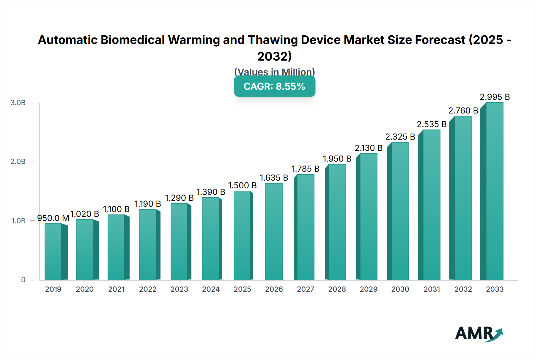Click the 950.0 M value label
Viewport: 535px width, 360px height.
(x=53, y=218)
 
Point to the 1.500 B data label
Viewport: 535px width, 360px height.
(x=242, y=185)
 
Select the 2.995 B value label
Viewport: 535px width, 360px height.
(x=495, y=97)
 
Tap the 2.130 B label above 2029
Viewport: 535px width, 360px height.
(x=369, y=148)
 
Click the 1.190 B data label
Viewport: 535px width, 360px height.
(x=148, y=204)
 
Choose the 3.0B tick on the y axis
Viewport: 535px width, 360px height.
(x=18, y=103)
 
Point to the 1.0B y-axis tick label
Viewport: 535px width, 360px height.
(x=18, y=221)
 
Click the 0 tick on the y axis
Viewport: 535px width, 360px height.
(x=23, y=280)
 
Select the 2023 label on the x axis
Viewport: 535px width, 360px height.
(x=179, y=289)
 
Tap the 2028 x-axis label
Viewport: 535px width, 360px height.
(x=337, y=289)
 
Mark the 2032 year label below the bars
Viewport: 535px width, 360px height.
(x=463, y=289)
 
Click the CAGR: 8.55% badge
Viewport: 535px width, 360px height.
(x=274, y=86)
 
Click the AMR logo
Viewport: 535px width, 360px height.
(x=479, y=334)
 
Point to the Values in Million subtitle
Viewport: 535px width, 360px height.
(x=274, y=72)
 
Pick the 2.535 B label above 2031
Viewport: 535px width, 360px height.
(x=432, y=124)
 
